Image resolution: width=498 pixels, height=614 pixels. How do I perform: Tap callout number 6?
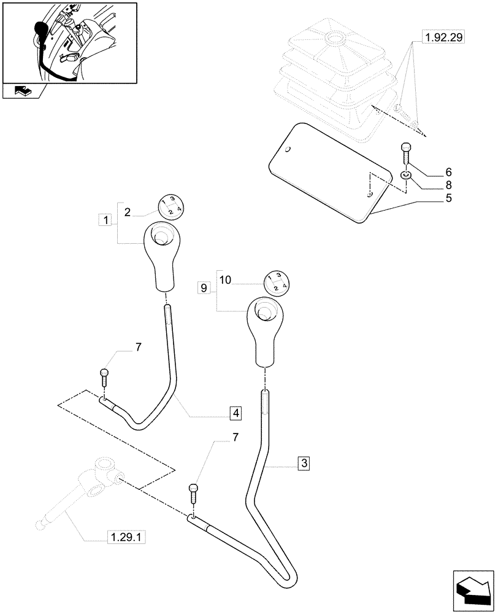[431, 171]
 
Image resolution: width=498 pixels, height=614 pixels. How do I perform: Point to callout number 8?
[431, 184]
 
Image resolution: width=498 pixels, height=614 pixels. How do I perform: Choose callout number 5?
[431, 198]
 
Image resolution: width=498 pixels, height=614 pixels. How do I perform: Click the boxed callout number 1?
[106, 219]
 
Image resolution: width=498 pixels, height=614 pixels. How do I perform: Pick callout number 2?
[127, 212]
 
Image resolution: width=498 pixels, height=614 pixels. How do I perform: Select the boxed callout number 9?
[204, 286]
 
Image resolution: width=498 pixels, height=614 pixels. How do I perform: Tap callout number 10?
[225, 280]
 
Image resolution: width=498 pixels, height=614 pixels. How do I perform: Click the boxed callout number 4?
[236, 413]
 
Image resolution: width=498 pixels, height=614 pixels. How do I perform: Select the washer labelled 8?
[405, 177]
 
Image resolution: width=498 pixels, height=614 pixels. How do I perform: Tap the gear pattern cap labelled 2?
[170, 207]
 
